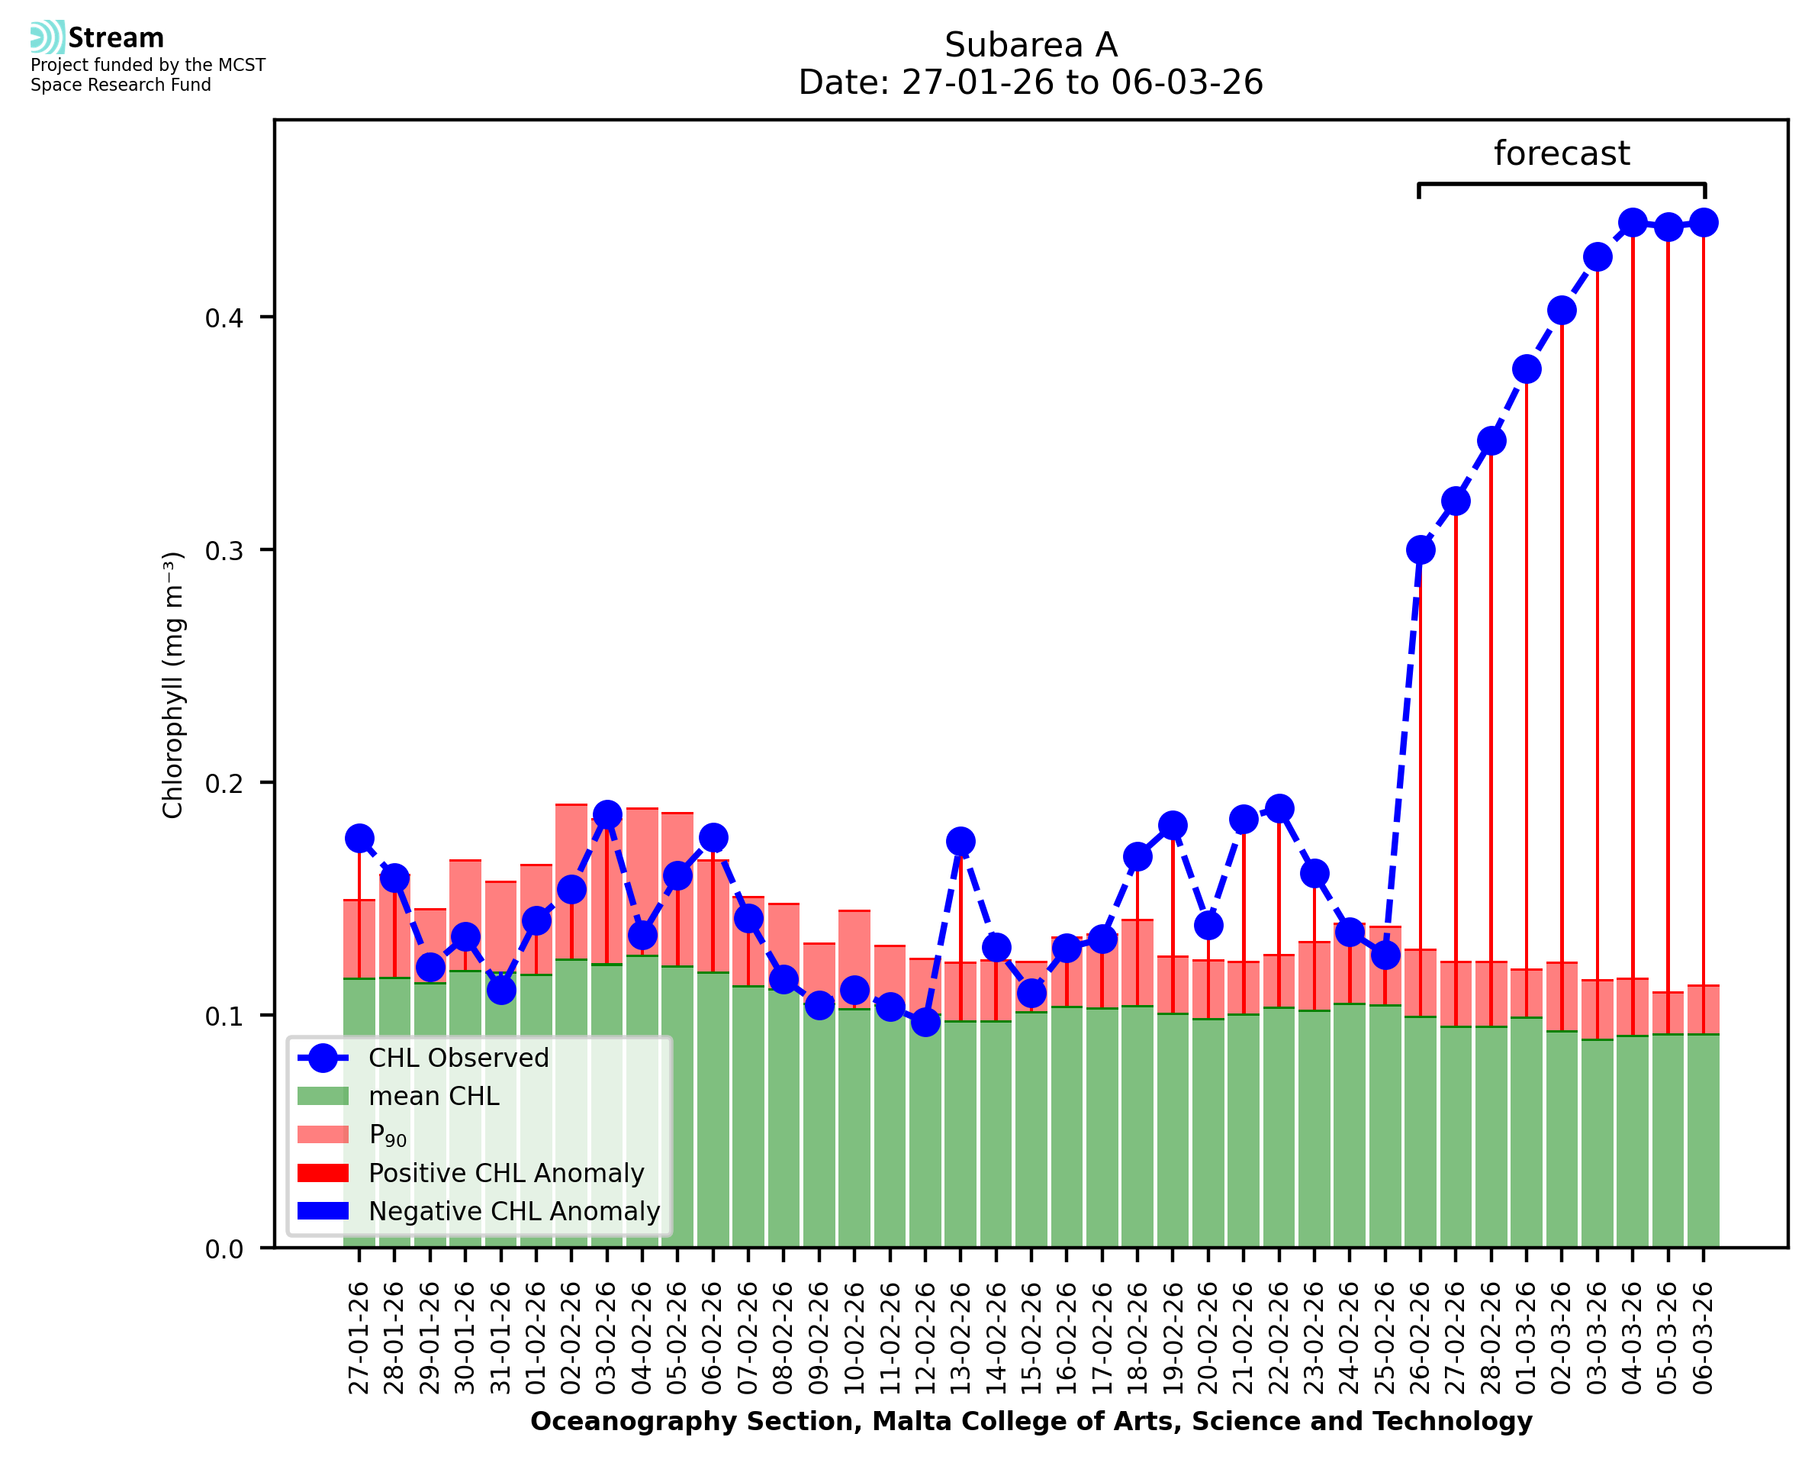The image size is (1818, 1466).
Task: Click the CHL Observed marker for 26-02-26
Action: coord(1420,550)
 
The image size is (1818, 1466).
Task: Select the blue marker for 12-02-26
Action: coord(925,1023)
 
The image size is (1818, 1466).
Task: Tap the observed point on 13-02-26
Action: coord(960,841)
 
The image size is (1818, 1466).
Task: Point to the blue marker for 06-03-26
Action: coord(1704,223)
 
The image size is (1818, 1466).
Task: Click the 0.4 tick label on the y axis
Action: coord(224,318)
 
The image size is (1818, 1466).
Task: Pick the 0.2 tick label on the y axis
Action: coord(224,784)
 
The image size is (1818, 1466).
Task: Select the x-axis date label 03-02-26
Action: coord(607,1338)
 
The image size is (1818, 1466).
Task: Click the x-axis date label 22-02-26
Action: coord(1279,1338)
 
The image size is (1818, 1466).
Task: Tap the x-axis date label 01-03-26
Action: coord(1526,1338)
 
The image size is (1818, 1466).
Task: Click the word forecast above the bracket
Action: coord(1562,153)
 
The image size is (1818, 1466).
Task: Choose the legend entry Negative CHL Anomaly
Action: coord(513,1211)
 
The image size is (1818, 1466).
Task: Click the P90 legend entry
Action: coord(388,1135)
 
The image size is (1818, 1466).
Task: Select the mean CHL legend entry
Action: coord(433,1096)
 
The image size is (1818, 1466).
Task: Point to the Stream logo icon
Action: coord(47,37)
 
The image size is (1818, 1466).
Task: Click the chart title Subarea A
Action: coord(1031,45)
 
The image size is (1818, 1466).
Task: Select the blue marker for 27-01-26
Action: coord(359,839)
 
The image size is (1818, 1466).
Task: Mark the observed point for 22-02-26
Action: coord(1279,808)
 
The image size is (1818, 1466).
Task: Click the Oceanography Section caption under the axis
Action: coord(1031,1421)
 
